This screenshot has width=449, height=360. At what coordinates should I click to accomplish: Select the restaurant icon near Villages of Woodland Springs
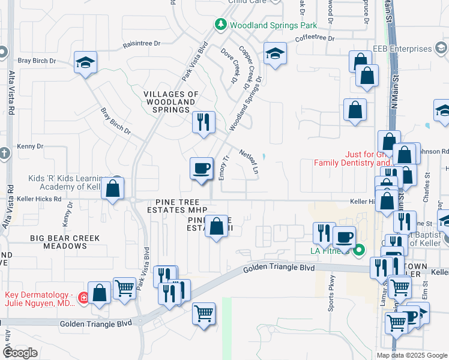[203, 122]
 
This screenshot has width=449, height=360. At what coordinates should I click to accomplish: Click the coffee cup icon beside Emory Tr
[201, 168]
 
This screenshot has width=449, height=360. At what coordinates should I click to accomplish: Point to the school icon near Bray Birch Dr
[85, 61]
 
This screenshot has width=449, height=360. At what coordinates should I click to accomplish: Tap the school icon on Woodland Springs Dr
[275, 53]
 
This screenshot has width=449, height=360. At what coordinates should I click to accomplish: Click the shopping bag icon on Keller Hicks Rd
[112, 188]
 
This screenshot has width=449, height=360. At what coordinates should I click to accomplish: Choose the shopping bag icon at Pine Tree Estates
[217, 226]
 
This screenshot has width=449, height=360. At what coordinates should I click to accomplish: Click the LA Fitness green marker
[360, 250]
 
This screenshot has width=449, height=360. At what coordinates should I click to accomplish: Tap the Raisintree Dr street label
[142, 43]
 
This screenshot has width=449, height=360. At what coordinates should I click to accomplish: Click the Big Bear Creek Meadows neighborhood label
[66, 242]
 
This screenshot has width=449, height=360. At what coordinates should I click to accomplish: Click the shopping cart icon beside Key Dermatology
[125, 288]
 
